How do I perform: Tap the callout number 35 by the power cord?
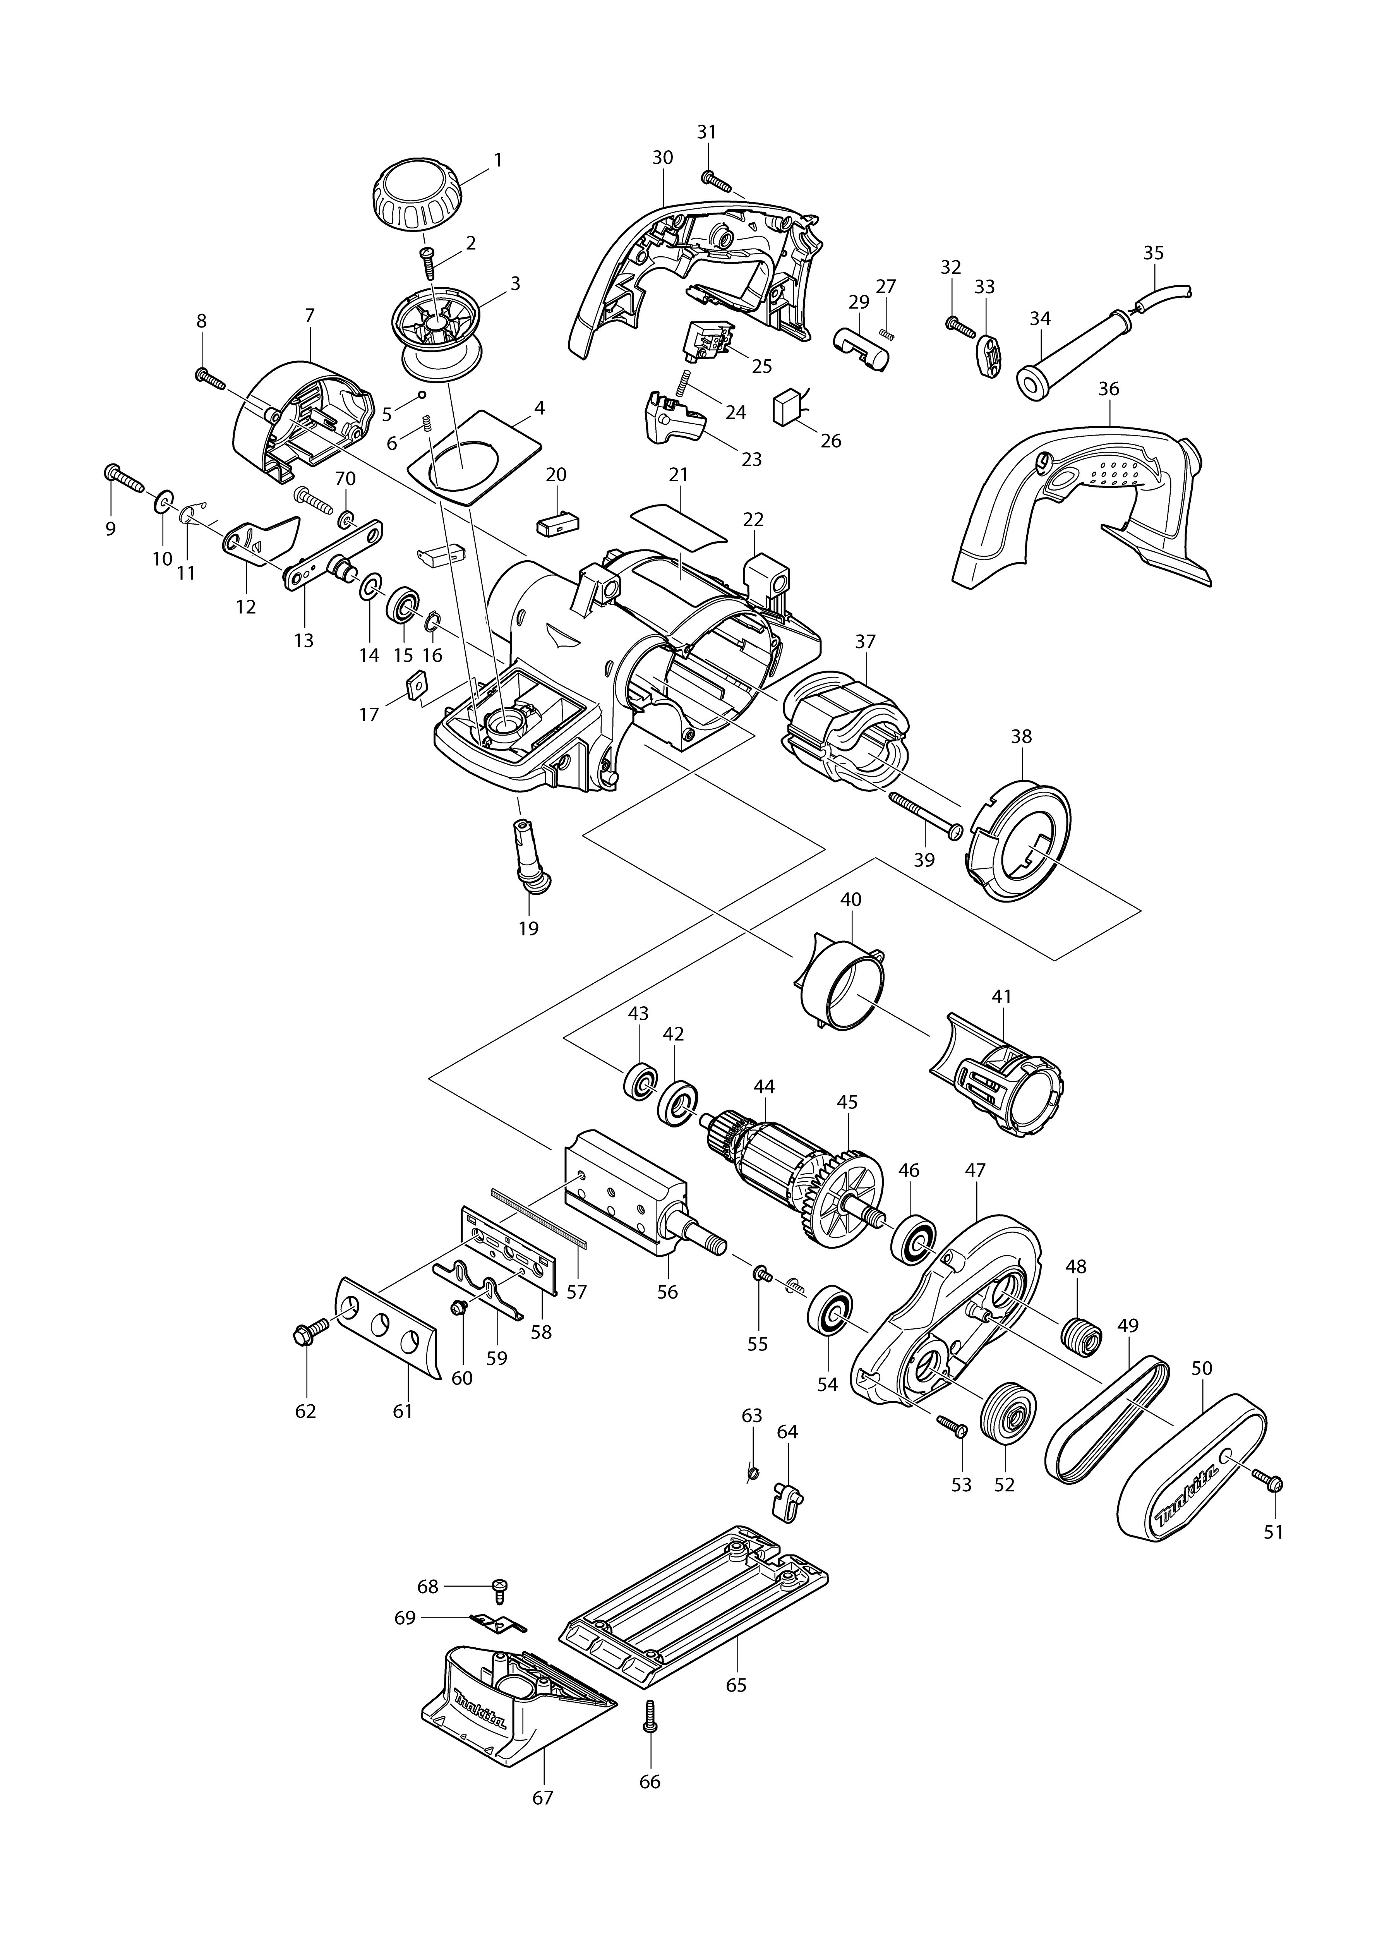pos(1153,253)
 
